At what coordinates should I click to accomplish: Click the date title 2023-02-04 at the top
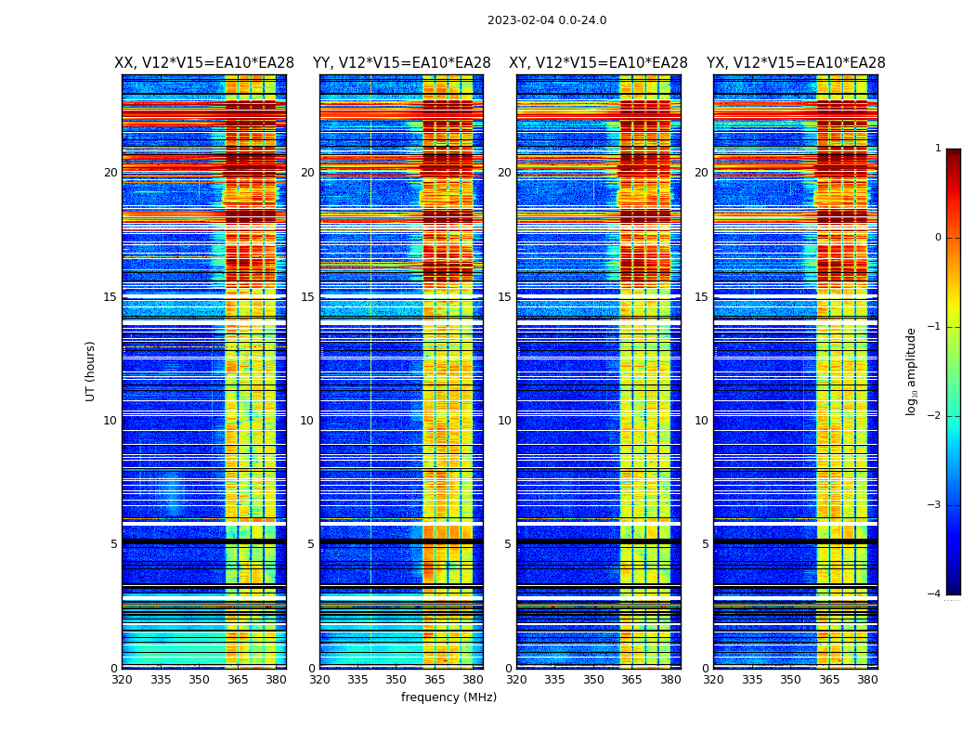[x=546, y=20]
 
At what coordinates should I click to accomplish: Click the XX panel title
[x=204, y=63]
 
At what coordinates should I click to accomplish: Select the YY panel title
[x=401, y=63]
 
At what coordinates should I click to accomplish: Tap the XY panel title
[x=598, y=63]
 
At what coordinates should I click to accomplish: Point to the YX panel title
[x=796, y=63]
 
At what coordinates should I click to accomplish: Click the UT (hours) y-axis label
[x=91, y=371]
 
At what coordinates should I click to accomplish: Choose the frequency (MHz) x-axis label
[x=448, y=697]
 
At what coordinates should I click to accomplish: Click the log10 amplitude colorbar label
[x=912, y=371]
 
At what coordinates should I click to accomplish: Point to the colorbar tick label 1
[x=937, y=149]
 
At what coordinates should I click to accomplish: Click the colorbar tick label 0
[x=937, y=238]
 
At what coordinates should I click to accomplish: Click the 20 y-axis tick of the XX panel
[x=110, y=173]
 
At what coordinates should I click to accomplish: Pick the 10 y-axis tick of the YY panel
[x=307, y=421]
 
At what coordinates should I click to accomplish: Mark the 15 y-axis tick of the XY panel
[x=504, y=297]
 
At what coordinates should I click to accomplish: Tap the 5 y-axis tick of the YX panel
[x=705, y=544]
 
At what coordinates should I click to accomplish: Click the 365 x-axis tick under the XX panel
[x=238, y=680]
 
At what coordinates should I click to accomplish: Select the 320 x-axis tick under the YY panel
[x=319, y=680]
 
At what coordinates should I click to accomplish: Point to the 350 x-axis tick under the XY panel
[x=593, y=680]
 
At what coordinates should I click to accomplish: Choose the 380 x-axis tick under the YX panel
[x=867, y=680]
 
